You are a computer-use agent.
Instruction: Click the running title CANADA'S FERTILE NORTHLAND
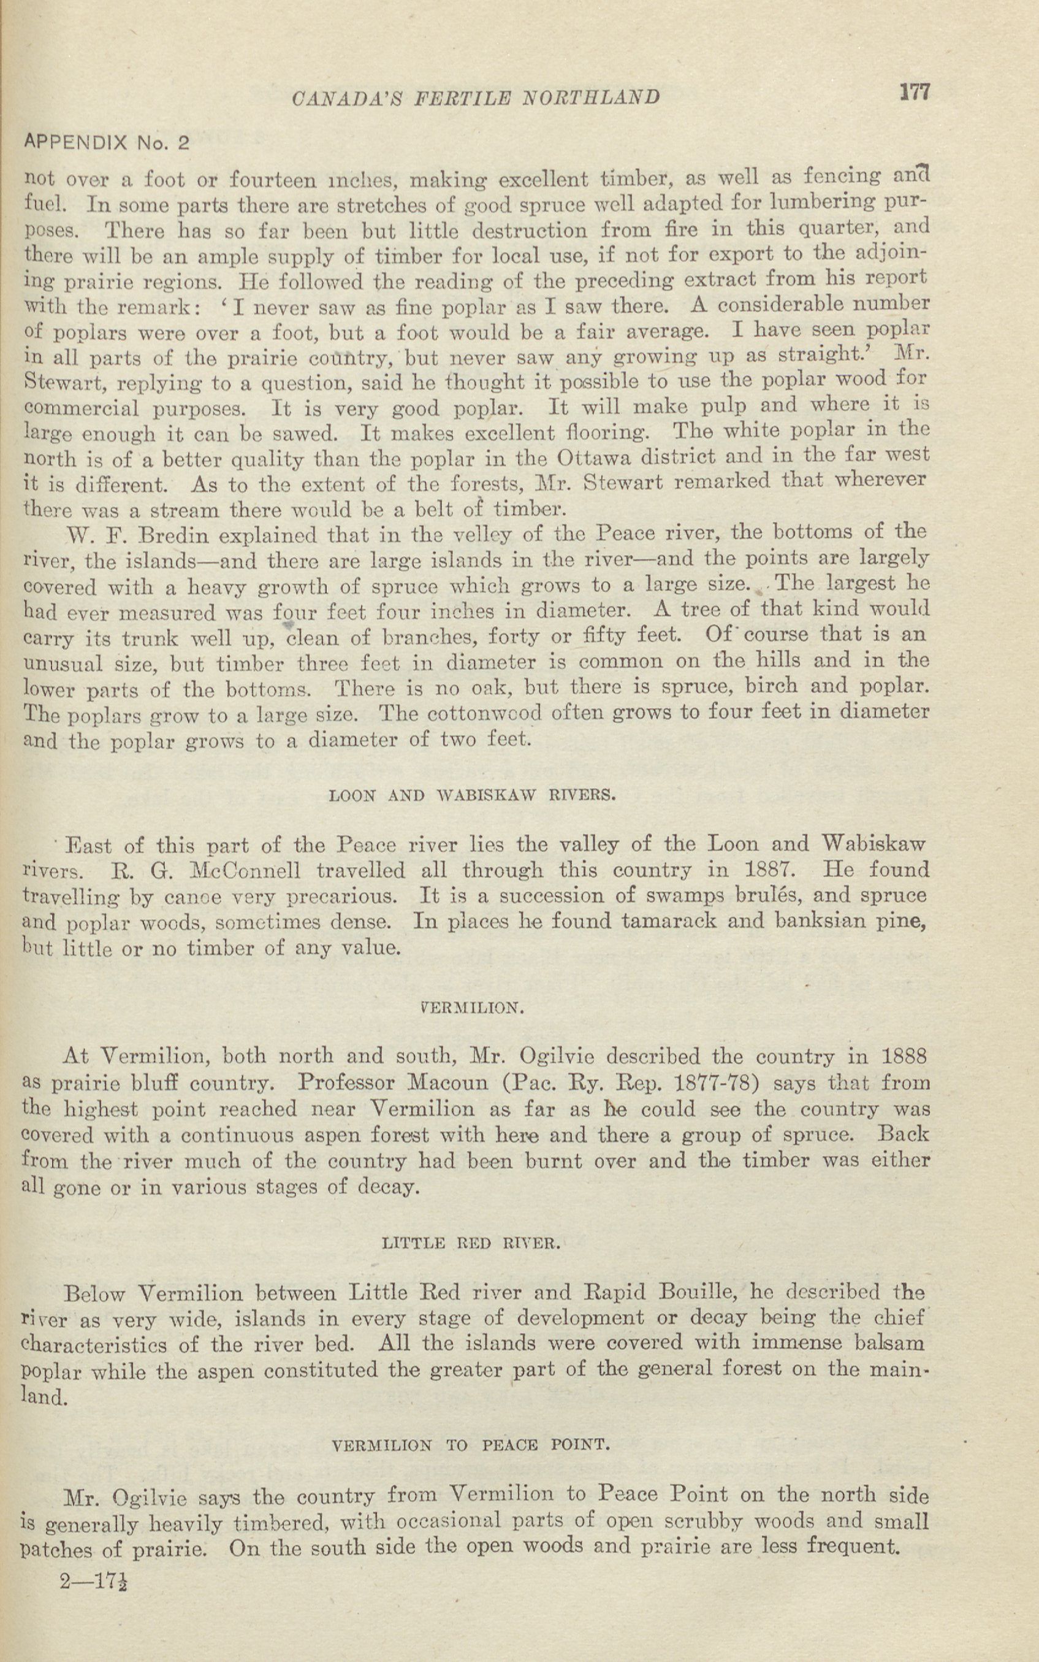[476, 98]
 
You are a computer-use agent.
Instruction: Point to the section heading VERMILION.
[472, 1008]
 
